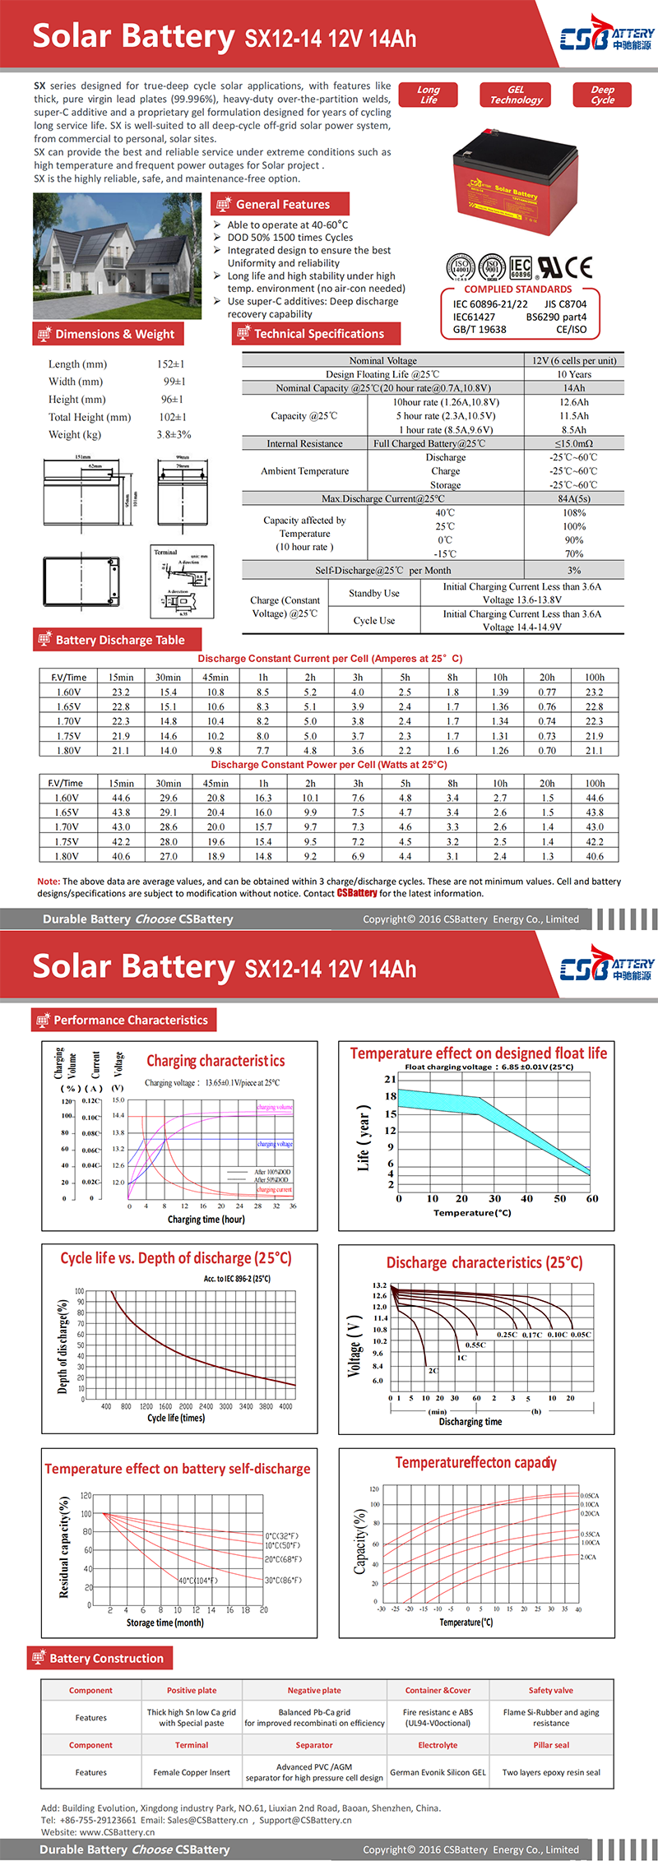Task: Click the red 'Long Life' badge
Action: point(429,95)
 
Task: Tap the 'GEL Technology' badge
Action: point(516,95)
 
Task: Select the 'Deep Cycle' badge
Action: point(602,95)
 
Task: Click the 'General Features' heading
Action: point(282,204)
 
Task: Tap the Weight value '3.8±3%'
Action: point(174,434)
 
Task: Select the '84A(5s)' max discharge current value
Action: point(574,498)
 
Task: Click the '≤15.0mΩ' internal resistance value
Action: point(574,443)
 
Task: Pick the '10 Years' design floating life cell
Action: point(574,374)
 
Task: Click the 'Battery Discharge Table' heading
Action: point(119,640)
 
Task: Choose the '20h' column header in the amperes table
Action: point(547,678)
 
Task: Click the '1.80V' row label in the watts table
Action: point(67,856)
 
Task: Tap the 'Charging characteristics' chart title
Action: point(215,1061)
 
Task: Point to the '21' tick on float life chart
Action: point(391,1079)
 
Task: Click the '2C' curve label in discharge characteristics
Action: point(433,1371)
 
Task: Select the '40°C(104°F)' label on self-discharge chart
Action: point(198,1581)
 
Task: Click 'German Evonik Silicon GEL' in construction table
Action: point(438,1772)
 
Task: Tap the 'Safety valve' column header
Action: point(551,1690)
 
